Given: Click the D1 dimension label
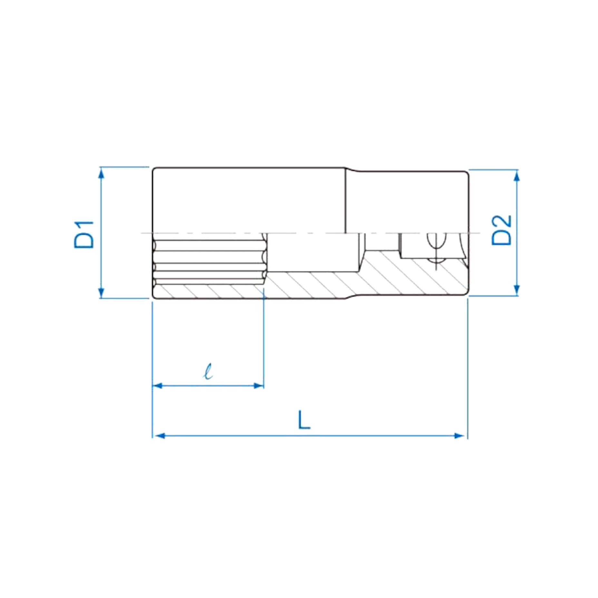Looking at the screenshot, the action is pyautogui.click(x=84, y=234).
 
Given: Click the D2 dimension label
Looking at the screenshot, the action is pyautogui.click(x=502, y=230).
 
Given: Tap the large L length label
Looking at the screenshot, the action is pyautogui.click(x=304, y=419).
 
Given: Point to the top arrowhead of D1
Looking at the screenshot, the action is pyautogui.click(x=101, y=174).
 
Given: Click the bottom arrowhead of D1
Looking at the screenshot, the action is pyautogui.click(x=101, y=292).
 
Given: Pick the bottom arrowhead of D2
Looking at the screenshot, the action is pyautogui.click(x=517, y=290).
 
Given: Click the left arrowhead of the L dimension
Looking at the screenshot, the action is pyautogui.click(x=160, y=436).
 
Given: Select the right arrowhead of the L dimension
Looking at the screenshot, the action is pyautogui.click(x=459, y=436).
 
